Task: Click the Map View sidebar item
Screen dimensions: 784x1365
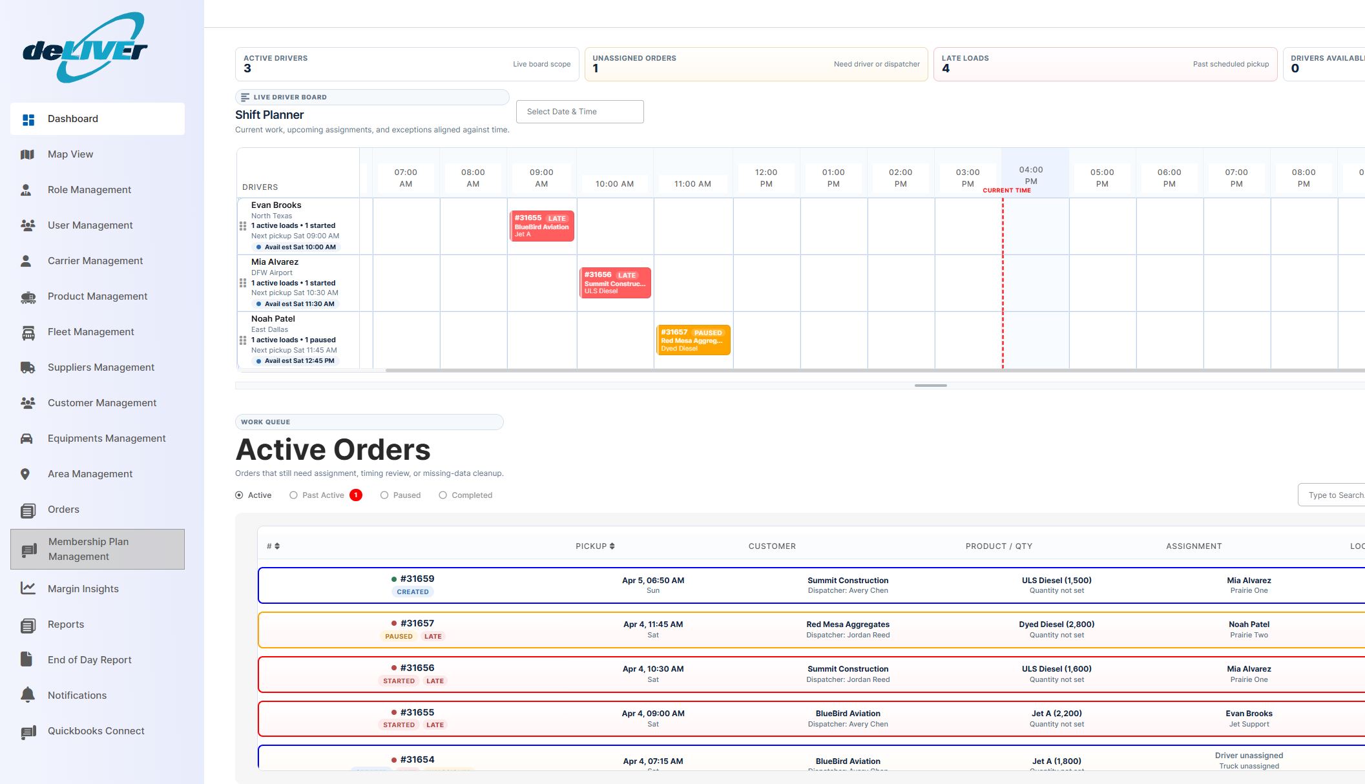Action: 70,154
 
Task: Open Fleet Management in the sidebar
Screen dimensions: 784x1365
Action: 90,332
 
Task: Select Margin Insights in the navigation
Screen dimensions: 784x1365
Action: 83,589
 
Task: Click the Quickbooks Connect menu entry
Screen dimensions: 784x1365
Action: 96,731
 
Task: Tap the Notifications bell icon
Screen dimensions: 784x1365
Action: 28,695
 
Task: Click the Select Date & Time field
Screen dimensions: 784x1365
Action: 579,112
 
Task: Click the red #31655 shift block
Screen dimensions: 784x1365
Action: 541,226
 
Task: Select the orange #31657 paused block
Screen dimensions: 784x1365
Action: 693,340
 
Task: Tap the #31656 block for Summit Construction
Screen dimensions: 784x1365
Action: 614,283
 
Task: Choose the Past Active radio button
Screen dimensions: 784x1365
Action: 294,495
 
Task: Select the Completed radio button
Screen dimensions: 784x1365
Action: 443,495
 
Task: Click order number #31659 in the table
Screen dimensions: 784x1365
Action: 417,579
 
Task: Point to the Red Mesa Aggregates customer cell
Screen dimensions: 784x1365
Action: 848,624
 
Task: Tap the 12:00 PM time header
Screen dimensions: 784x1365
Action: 766,178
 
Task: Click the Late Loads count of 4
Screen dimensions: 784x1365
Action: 946,68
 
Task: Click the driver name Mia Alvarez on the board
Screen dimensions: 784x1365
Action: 275,262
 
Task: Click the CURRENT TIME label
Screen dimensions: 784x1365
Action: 1006,191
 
